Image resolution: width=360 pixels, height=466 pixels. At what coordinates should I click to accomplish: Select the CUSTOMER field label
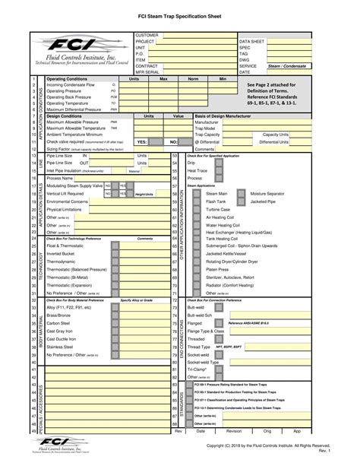pos(147,35)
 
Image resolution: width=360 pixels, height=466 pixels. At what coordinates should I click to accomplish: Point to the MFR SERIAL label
pos(149,72)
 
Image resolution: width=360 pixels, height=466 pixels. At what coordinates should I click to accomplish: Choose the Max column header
pos(163,78)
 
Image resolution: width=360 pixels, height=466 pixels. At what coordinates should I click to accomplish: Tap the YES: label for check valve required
pos(141,141)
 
